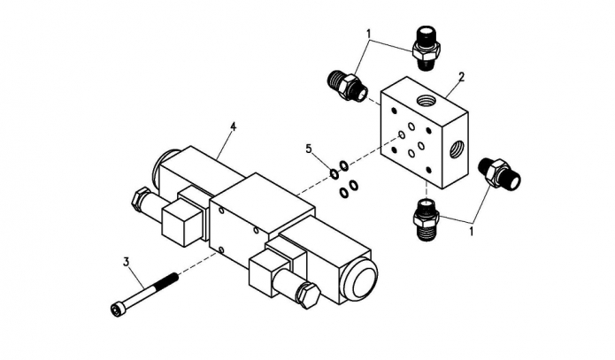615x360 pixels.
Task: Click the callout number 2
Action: click(461, 77)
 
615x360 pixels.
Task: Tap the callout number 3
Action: click(127, 262)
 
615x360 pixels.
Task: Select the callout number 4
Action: click(234, 126)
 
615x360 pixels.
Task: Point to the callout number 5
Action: click(309, 149)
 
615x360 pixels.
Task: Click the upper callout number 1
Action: click(368, 34)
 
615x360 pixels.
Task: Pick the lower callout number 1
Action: click(472, 231)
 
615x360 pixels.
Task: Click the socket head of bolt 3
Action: click(117, 310)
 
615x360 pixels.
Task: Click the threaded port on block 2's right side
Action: click(456, 149)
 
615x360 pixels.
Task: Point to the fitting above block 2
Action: click(427, 48)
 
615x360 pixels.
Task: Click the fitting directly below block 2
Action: click(426, 219)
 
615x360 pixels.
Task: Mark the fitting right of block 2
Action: click(499, 172)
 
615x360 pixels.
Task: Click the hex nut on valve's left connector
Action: click(140, 199)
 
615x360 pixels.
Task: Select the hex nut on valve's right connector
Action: click(310, 295)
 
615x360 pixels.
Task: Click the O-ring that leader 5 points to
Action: click(334, 173)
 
